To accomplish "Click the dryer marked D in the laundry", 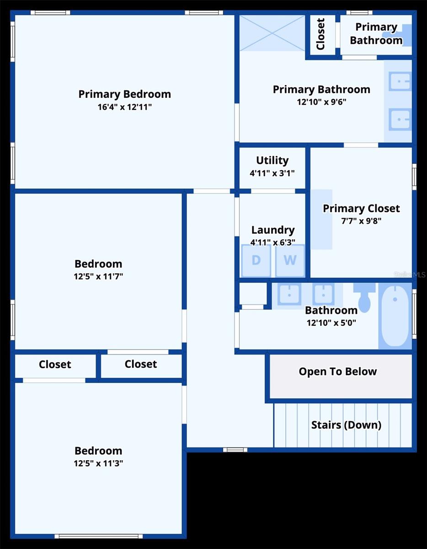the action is pos(256,260).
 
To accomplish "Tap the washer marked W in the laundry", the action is pos(290,260).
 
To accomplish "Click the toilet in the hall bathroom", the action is pos(364,297).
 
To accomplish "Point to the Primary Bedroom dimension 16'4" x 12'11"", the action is pos(125,107).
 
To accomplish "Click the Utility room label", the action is pos(272,161).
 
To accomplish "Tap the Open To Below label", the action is pos(338,371).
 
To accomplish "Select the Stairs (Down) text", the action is pos(346,425).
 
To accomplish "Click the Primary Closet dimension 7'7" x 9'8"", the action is pos(361,221).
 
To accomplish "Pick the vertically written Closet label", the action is pos(320,34).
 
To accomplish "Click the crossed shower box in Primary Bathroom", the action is pos(272,33).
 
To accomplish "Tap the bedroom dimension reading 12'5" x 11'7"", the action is pos(98,276).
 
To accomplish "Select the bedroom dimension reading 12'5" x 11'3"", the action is pos(98,463).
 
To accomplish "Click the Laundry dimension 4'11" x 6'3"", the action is pos(273,242).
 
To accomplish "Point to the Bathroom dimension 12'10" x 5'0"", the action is pos(331,323).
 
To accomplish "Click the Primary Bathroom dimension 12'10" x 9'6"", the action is pos(321,102).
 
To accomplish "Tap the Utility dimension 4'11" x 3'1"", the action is pos(272,173).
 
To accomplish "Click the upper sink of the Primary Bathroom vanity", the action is pos(400,81).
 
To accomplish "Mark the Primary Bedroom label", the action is pos(125,95).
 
